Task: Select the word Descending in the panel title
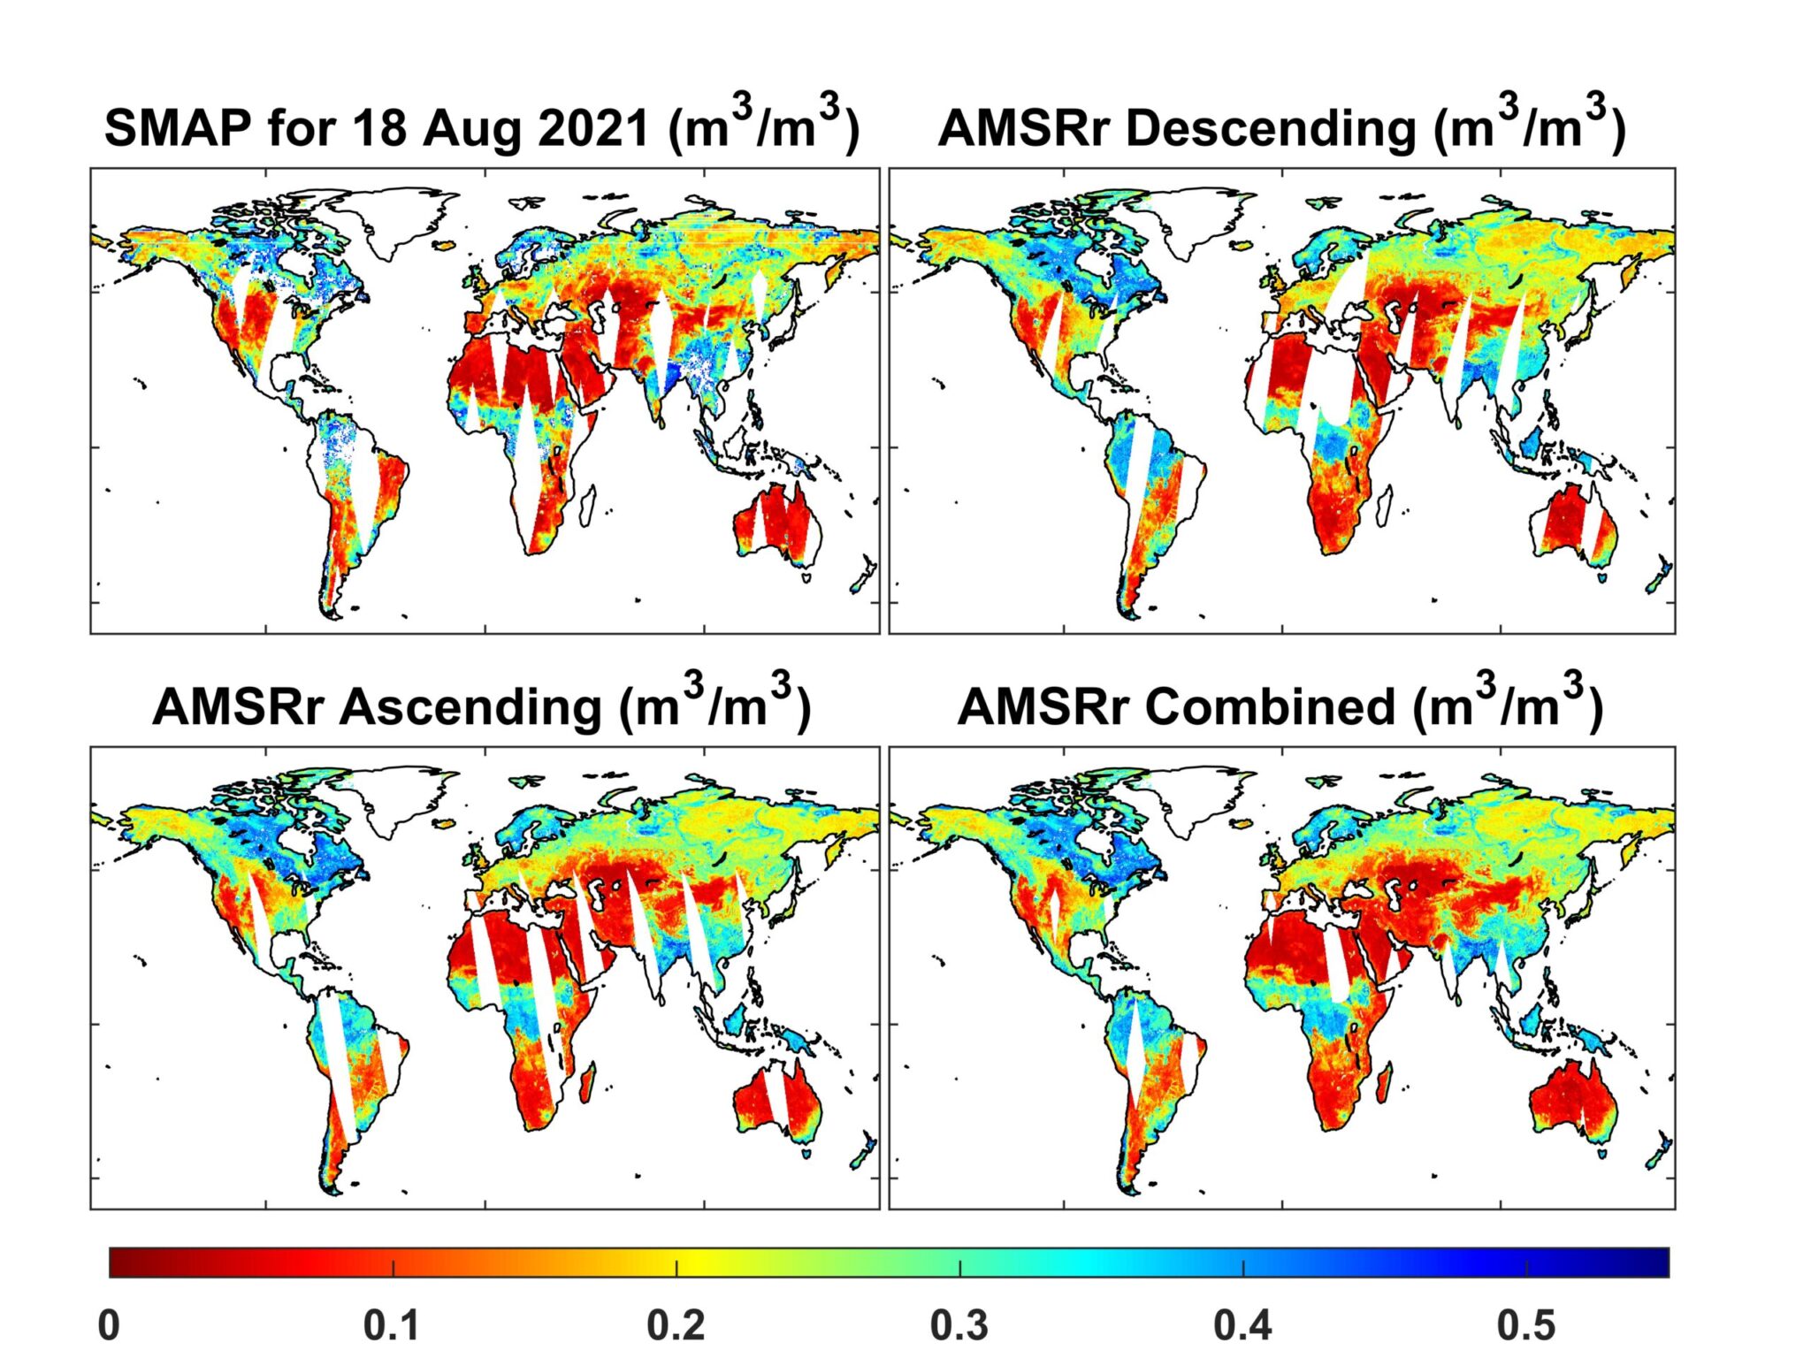click(x=1271, y=127)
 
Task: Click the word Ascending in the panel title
click(x=470, y=707)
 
